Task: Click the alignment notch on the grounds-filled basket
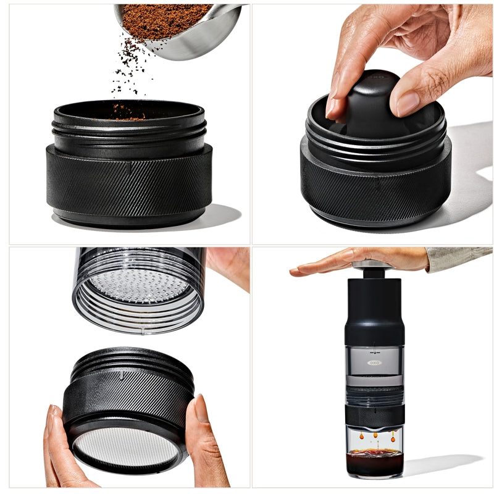[128, 167]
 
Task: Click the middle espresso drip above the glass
[374, 436]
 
